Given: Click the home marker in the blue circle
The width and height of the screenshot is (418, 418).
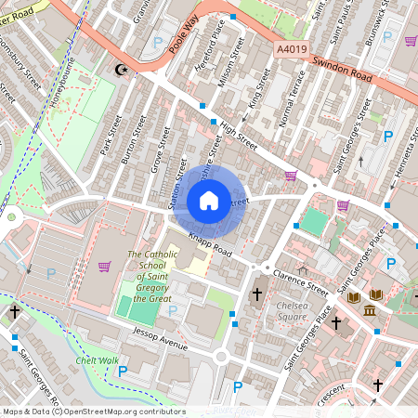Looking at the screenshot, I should click(209, 200).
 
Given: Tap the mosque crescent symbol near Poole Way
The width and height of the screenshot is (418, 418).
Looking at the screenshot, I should click(119, 69).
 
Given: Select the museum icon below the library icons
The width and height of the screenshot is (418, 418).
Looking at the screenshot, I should click(370, 309).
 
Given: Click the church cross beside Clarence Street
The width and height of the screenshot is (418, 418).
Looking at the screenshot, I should click(257, 294).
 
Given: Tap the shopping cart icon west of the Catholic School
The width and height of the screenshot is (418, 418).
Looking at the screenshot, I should click(104, 267).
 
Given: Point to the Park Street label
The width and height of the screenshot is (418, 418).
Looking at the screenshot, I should click(111, 136).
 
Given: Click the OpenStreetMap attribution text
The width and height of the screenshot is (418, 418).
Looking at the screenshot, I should click(93, 411).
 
